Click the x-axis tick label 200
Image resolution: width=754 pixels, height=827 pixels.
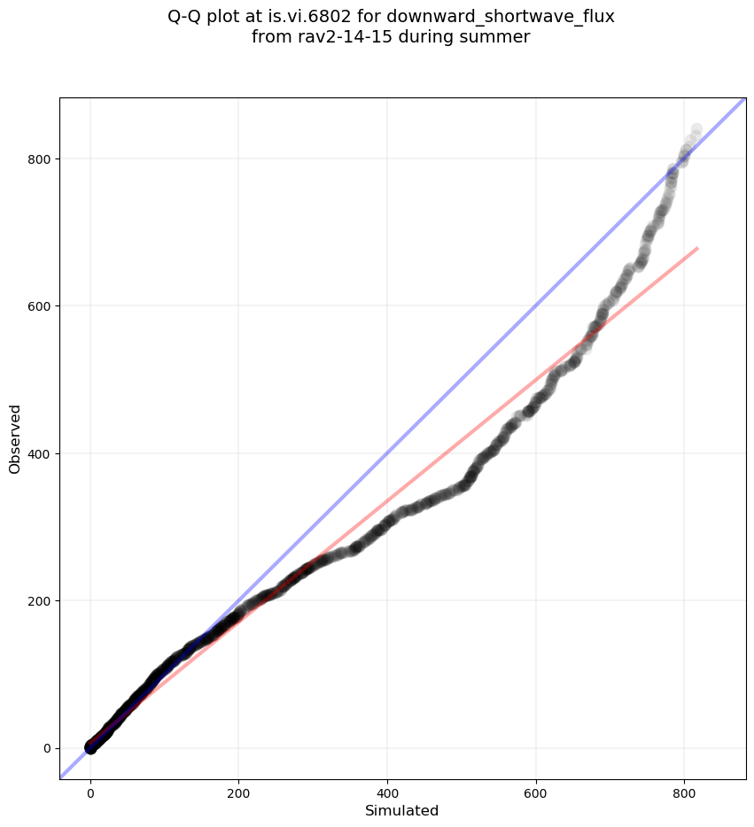pos(238,792)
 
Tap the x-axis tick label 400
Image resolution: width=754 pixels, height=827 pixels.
pos(387,792)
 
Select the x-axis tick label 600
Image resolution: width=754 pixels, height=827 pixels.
pos(536,792)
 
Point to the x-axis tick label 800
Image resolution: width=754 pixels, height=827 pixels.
pos(684,792)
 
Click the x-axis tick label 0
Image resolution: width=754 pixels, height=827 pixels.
pos(90,792)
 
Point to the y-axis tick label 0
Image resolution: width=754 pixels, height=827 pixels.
pos(46,748)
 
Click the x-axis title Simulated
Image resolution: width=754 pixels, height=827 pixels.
pos(401,810)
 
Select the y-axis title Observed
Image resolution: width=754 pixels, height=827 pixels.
pos(15,438)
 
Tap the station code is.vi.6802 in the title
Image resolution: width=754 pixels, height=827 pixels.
pos(310,16)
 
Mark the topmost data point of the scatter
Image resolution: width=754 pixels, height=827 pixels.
pos(696,130)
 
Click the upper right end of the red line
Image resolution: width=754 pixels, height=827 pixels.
pos(697,249)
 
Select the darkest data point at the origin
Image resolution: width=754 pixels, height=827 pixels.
pos(90,747)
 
